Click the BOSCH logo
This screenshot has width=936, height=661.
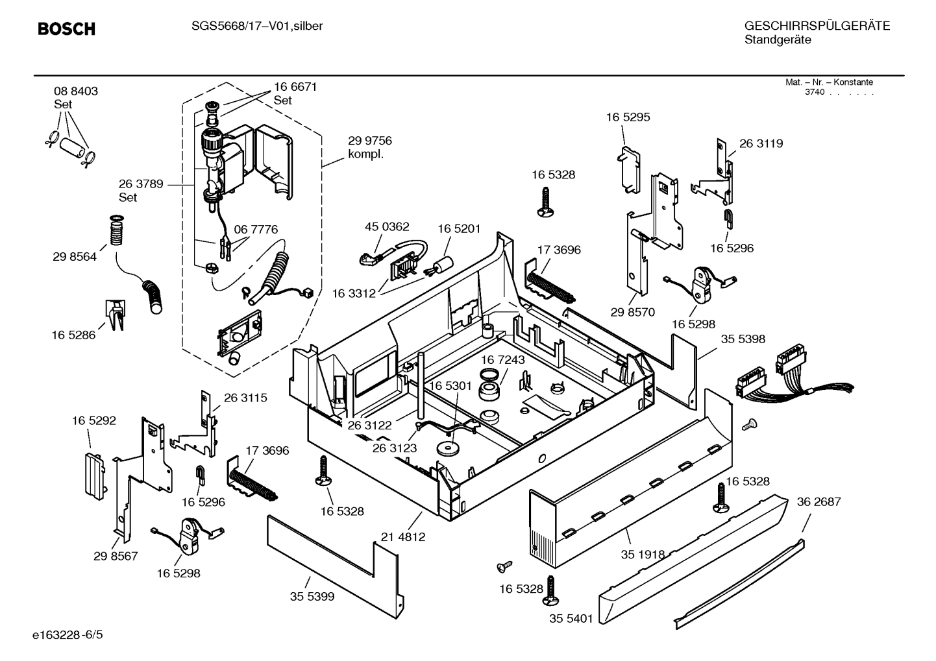coord(66,29)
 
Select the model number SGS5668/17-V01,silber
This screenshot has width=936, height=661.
coord(257,26)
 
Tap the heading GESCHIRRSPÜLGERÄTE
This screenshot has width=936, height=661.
coord(817,26)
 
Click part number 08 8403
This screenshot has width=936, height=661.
coord(76,91)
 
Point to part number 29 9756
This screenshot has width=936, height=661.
coord(370,141)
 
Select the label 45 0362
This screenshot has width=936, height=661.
coord(387,226)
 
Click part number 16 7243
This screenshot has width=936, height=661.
coord(503,359)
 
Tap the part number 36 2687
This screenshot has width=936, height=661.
coord(819,501)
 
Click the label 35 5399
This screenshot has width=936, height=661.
coord(312,596)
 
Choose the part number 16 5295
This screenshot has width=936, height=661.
coord(628,117)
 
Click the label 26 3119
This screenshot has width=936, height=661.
coord(761,143)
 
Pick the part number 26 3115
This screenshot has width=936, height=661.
coord(245,398)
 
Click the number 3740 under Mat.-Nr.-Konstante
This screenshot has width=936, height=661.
coord(814,92)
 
